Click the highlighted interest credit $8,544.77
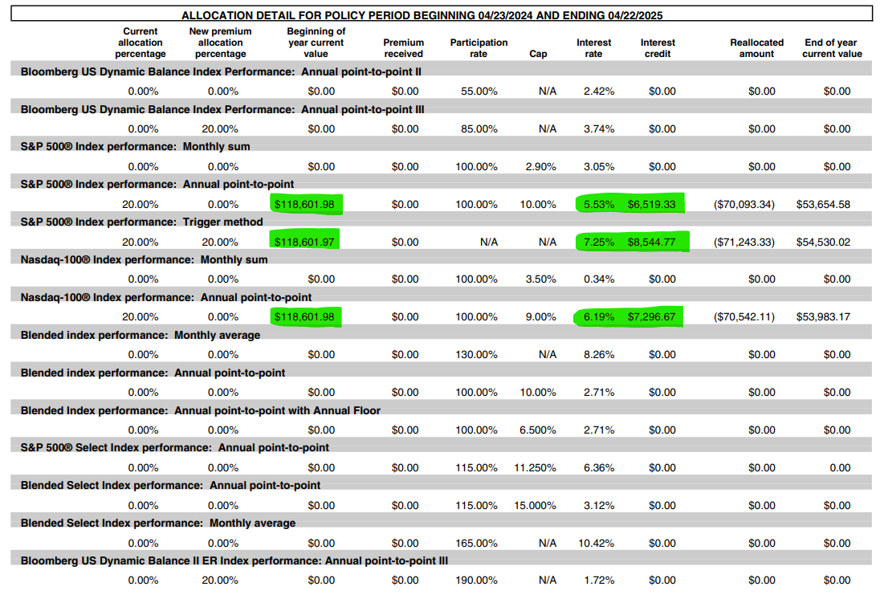pos(651,242)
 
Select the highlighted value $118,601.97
pos(304,242)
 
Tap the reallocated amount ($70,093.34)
pos(744,205)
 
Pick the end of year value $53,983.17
pos(823,317)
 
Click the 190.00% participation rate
pos(476,581)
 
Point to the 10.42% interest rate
pos(597,544)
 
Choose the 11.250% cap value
pos(535,468)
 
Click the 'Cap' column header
pos(538,54)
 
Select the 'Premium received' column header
pos(404,48)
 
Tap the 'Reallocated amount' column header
pos(756,48)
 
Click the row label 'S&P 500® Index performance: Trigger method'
pos(141,222)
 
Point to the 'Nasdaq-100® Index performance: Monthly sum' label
pos(144,260)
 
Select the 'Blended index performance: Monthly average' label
pos(141,336)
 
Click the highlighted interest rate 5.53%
pos(599,205)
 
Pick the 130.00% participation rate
pos(476,355)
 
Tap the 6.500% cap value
pos(538,430)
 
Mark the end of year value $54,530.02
pos(823,242)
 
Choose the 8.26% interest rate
pos(599,355)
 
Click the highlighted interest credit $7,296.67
pos(651,317)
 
